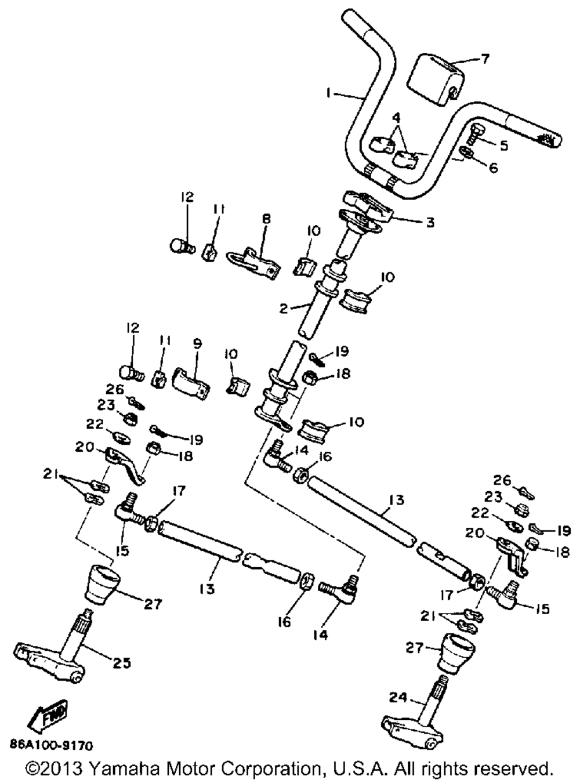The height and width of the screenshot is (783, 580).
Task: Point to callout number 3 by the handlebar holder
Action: click(x=430, y=222)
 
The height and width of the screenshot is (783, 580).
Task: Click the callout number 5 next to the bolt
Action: click(x=503, y=146)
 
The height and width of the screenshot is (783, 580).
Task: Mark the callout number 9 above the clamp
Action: click(x=197, y=344)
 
